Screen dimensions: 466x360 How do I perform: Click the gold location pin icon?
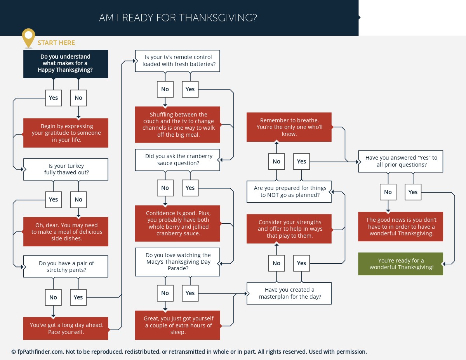(x=28, y=38)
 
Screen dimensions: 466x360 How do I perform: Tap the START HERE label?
(x=56, y=43)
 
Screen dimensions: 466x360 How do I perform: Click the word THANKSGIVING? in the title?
(x=218, y=18)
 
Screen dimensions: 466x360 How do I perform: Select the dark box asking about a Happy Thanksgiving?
(x=66, y=64)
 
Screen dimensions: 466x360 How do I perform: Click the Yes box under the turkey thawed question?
(x=54, y=200)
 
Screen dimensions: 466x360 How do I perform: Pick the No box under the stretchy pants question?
(x=53, y=297)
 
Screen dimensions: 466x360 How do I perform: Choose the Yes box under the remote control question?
(x=190, y=89)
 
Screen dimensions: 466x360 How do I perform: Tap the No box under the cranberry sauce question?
(x=165, y=188)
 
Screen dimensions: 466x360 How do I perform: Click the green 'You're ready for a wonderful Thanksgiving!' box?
(x=400, y=264)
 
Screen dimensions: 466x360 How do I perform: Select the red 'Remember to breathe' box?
(x=289, y=127)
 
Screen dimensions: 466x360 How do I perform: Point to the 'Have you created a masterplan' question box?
(x=289, y=293)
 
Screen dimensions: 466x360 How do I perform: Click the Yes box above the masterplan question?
(x=301, y=263)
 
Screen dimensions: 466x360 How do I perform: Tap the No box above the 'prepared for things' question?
(x=276, y=162)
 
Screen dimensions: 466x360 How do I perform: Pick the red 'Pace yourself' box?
(x=66, y=328)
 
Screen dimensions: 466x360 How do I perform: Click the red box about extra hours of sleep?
(x=177, y=325)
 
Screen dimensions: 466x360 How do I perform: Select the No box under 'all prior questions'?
(x=388, y=192)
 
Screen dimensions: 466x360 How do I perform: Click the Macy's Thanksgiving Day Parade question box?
(x=177, y=262)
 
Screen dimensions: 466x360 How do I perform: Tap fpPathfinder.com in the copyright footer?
(x=40, y=352)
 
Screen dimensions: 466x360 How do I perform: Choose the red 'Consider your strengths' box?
(x=289, y=229)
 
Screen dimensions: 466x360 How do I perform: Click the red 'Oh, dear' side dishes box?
(x=66, y=231)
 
